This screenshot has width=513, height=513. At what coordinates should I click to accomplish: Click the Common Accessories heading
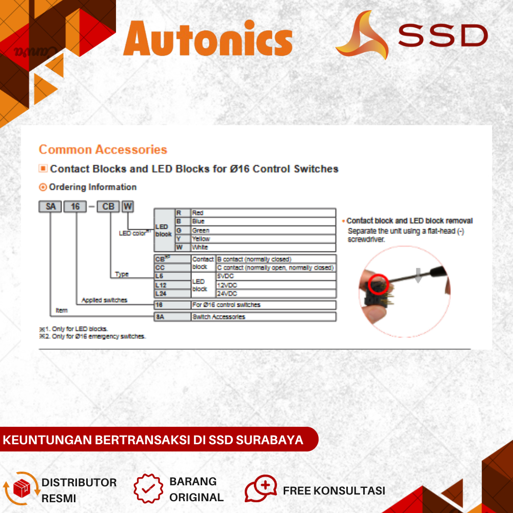(103, 150)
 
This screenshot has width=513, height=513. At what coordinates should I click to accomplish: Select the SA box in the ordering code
(50, 207)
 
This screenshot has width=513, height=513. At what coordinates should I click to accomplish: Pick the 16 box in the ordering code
(76, 207)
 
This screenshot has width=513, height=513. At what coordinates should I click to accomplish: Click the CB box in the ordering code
(108, 207)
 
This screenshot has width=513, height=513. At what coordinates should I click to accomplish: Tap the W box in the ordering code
(128, 207)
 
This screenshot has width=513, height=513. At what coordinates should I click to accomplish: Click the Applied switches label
(104, 300)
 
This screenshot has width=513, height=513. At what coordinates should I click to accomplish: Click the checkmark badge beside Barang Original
(148, 488)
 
